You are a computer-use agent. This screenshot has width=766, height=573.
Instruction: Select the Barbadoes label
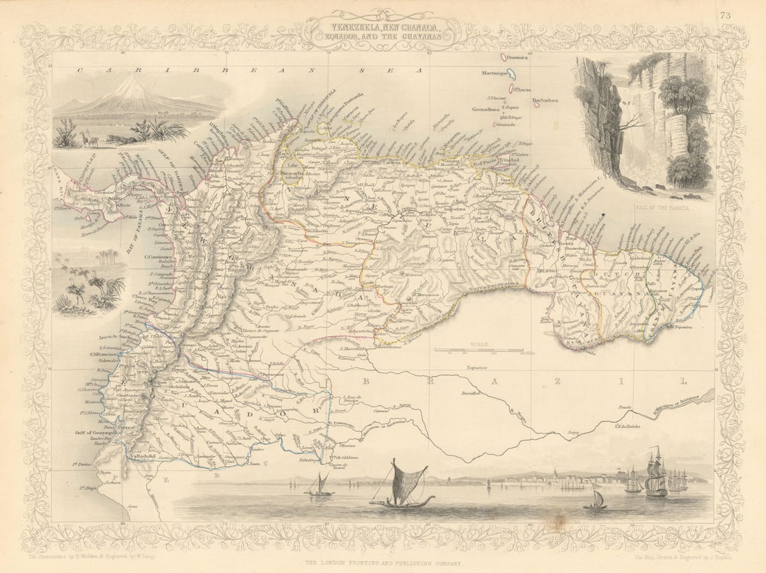545,100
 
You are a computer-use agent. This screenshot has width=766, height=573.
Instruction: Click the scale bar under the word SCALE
479,349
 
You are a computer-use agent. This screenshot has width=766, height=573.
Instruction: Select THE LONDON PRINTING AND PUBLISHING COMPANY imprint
383,561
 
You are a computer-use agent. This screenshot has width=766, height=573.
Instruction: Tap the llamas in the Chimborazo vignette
91,141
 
